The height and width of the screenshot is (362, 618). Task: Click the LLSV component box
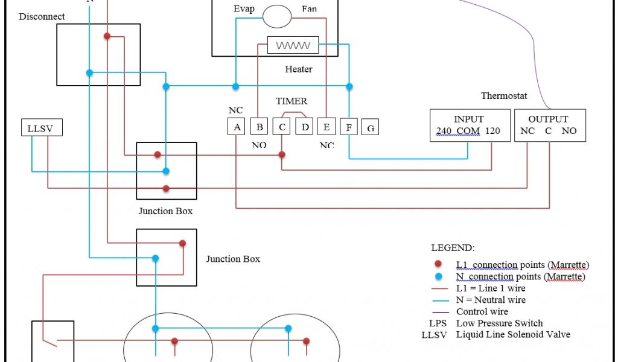(x=41, y=127)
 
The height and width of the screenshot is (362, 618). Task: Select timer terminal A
(x=237, y=126)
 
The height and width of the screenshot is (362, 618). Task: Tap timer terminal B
(x=259, y=126)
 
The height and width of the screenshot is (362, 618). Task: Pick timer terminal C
(x=282, y=126)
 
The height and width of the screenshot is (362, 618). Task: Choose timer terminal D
(x=304, y=126)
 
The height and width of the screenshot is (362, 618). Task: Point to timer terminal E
(x=327, y=126)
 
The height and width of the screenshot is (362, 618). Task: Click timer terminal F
(x=349, y=127)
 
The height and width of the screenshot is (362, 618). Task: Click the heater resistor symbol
(x=293, y=46)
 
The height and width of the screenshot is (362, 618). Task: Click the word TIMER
(x=291, y=101)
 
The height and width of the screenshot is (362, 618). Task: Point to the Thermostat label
(x=504, y=96)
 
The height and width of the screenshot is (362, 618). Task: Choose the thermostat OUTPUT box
(x=549, y=125)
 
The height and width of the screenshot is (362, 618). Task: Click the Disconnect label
(x=42, y=17)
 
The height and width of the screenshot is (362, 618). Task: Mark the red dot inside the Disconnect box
(x=107, y=36)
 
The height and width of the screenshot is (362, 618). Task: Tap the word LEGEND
(x=453, y=248)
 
